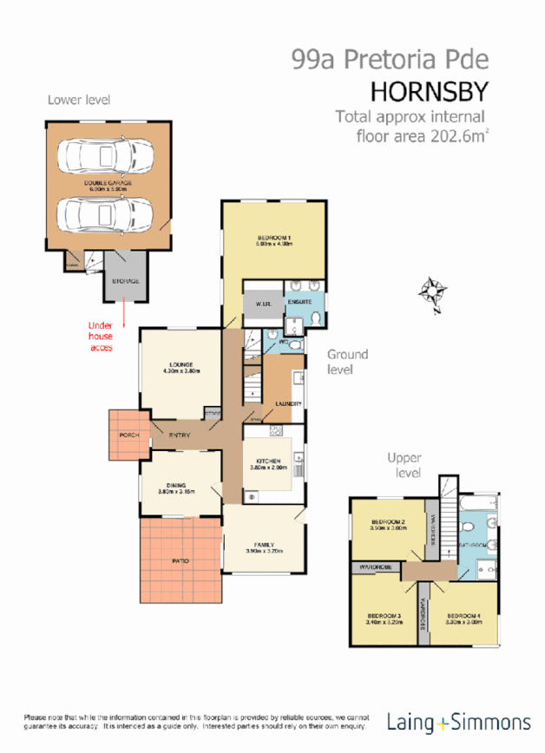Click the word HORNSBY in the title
tap(430, 91)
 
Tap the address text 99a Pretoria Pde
tap(391, 59)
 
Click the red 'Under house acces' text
tap(102, 337)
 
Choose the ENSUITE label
tap(312, 300)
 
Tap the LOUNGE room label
tap(181, 364)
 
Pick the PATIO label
tap(181, 561)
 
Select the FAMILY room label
tap(264, 545)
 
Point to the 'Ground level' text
tap(347, 361)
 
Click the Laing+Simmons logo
tap(458, 722)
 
